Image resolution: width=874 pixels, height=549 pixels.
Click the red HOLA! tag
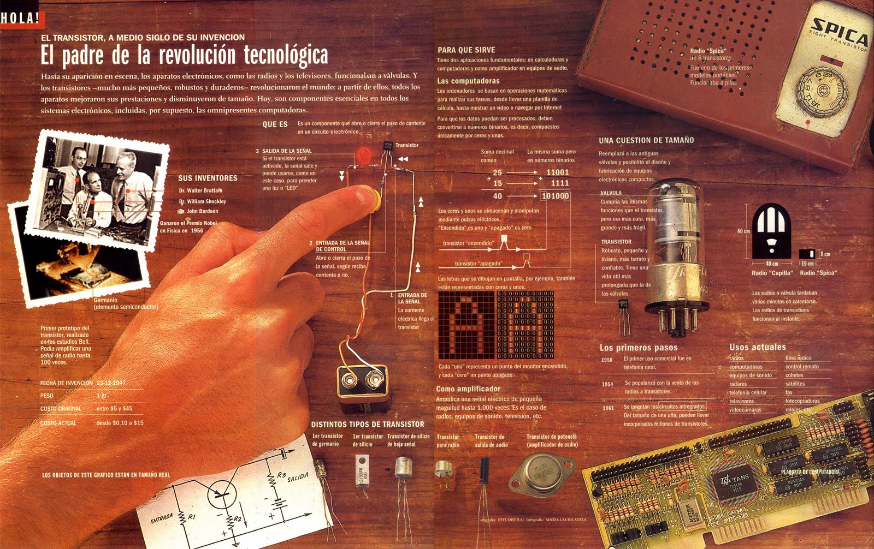[x=21, y=18]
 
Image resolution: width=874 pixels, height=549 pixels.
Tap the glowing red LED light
[x=363, y=154]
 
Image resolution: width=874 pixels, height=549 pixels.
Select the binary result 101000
[x=556, y=196]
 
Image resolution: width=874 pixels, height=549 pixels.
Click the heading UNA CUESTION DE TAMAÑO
[x=646, y=140]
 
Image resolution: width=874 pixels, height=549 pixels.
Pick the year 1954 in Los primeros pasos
[x=607, y=384]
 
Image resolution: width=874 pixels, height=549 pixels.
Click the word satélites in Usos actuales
[x=795, y=384]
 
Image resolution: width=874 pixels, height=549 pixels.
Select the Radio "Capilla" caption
[x=771, y=273]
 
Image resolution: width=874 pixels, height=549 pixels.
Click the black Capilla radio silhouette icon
[x=771, y=231]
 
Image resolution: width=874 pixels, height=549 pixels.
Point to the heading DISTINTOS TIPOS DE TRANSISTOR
[x=368, y=424]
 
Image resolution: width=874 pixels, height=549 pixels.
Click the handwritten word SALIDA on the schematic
[x=298, y=478]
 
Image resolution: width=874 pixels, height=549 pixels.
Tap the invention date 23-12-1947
[x=111, y=383]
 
